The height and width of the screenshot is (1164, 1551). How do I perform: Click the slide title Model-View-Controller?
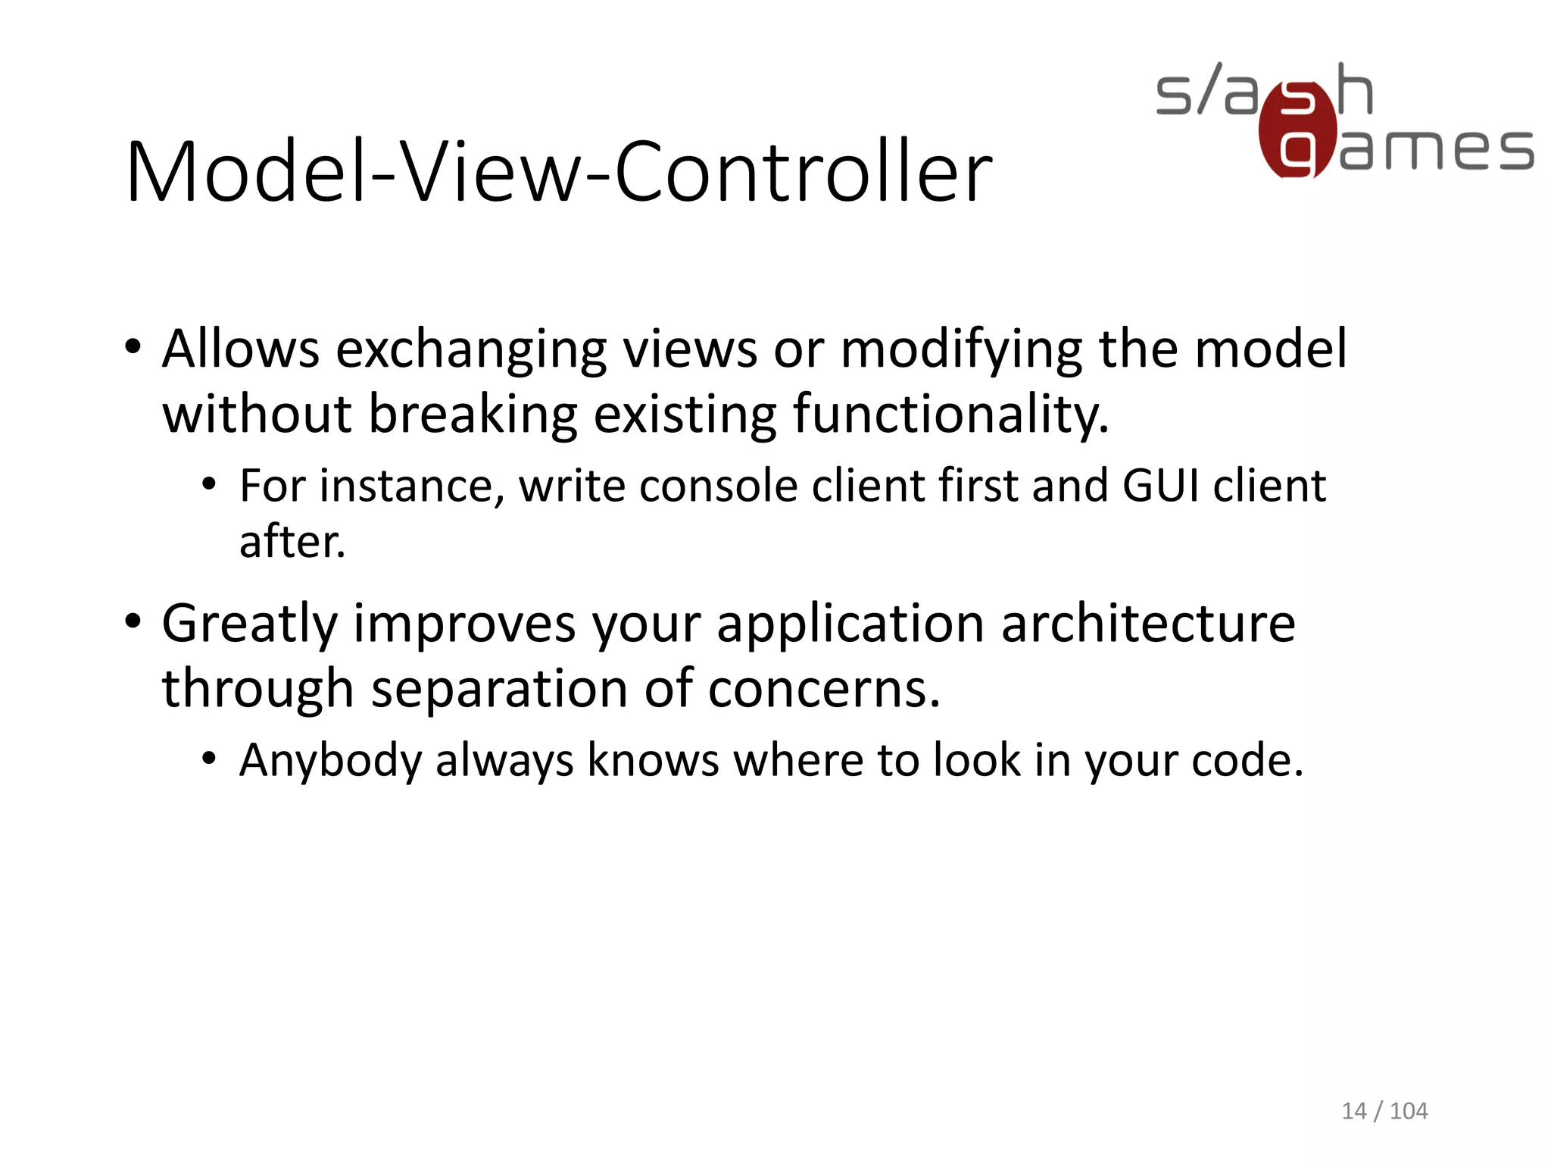coord(559,173)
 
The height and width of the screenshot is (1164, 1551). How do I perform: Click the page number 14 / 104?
coord(1384,1111)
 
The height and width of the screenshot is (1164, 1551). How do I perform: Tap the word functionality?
coord(950,415)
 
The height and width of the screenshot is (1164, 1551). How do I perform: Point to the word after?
coord(292,542)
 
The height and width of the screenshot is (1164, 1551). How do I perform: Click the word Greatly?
coord(250,624)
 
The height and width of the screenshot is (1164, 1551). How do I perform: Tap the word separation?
coord(500,689)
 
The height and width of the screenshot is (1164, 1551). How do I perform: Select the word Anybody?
coord(330,760)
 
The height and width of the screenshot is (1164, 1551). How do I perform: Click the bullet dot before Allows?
coord(133,348)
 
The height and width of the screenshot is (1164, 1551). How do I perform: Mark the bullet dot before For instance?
coord(210,483)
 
